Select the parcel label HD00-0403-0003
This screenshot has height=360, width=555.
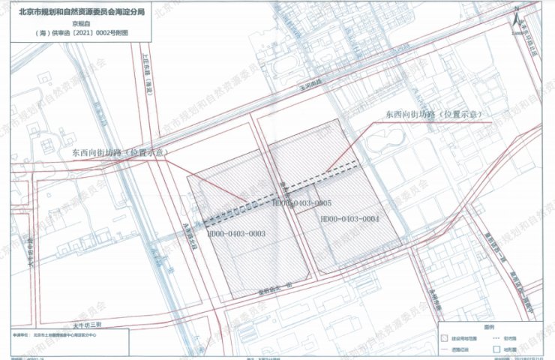coord(236,235)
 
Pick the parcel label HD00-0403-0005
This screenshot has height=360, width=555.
coord(302,203)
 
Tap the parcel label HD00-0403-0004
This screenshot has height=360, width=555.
coord(349,219)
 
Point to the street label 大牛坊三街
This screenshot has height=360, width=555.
coord(91,324)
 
